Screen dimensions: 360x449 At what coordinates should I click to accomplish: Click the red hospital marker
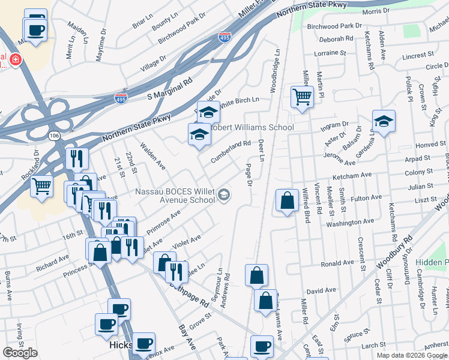[13, 60]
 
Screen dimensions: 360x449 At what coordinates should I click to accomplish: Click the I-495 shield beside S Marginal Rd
[121, 98]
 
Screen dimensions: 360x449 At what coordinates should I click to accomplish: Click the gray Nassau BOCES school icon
[224, 194]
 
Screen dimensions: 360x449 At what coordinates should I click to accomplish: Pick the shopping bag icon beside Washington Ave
[288, 201]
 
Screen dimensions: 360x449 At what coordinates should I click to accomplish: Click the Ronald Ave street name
[337, 263]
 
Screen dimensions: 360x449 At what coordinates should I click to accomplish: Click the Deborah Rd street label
[336, 38]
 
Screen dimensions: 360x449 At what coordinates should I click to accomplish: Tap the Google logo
[20, 352]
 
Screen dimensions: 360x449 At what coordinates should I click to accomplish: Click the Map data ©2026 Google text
[412, 355]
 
